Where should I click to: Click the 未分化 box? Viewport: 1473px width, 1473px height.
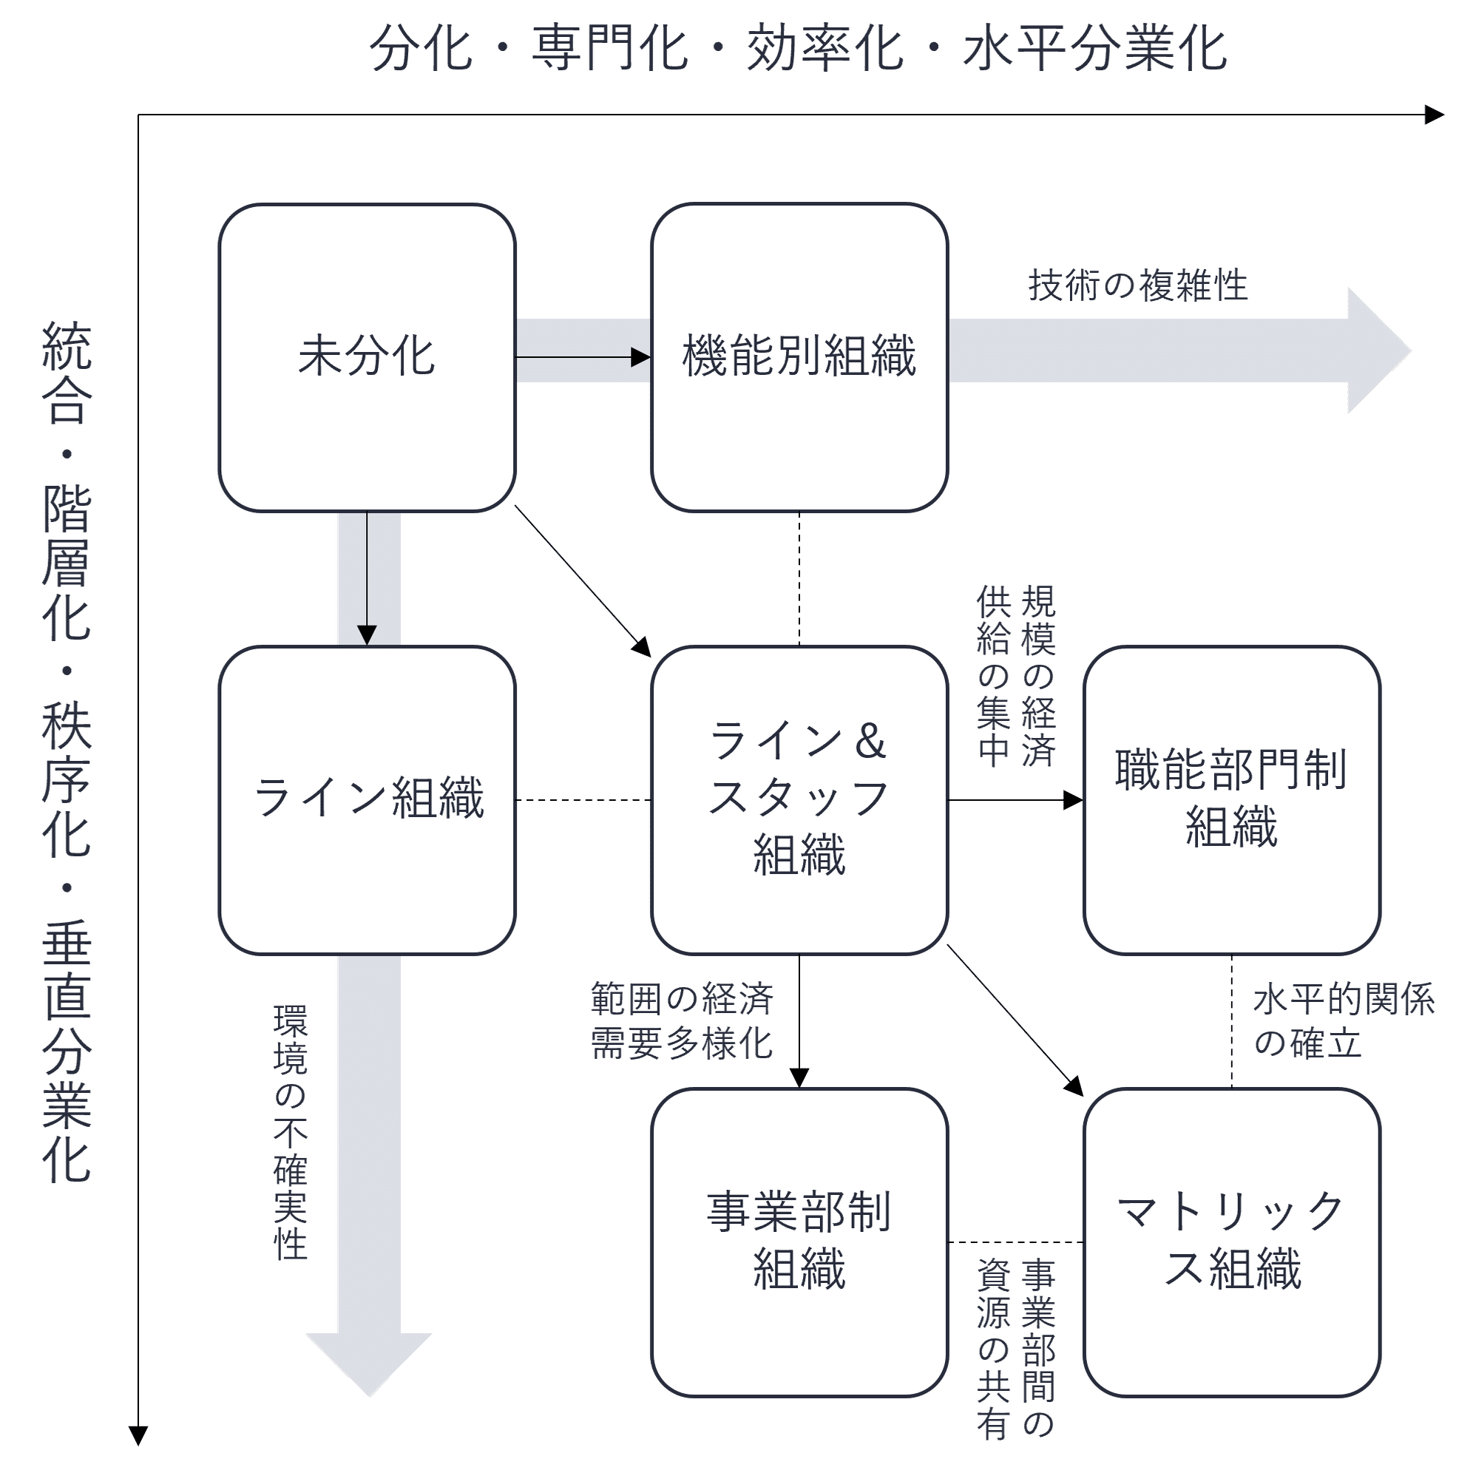367,357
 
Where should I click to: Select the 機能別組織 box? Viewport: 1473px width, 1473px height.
799,357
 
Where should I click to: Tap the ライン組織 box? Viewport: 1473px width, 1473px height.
367,800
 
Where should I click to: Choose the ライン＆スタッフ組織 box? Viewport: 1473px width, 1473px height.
799,800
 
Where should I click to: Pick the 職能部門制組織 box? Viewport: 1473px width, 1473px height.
1231,800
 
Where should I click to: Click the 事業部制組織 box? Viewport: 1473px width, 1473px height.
799,1242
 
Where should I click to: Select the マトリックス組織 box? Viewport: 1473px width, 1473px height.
1231,1242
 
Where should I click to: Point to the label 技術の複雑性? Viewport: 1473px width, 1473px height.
1137,286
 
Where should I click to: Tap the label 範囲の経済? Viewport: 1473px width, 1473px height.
683,999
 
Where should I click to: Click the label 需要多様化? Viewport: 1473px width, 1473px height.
683,1043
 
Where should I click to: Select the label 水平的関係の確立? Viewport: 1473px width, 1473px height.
1344,1021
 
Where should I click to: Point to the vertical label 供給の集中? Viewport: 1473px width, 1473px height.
993,676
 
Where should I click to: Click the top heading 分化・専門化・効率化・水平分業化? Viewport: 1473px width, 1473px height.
799,49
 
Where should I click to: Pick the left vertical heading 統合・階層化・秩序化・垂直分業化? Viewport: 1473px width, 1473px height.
67,751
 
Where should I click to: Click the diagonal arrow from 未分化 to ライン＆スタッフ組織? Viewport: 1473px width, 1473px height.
583,580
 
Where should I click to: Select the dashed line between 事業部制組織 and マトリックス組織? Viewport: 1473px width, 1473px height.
1015,1243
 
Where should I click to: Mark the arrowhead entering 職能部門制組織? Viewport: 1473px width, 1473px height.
1074,800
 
